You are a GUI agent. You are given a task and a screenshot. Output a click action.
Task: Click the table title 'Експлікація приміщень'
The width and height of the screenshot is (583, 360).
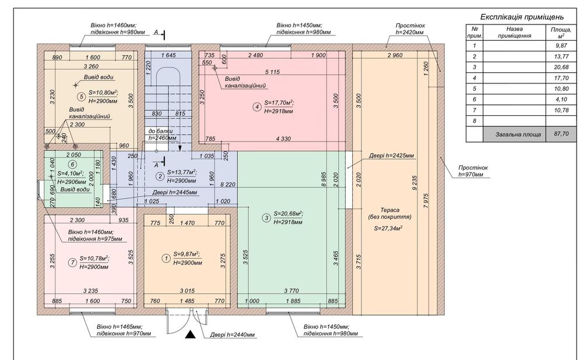(x=521, y=17)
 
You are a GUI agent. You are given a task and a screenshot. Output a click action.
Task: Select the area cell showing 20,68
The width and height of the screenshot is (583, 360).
(x=561, y=67)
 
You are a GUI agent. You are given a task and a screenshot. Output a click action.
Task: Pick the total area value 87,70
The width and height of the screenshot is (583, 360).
(x=561, y=133)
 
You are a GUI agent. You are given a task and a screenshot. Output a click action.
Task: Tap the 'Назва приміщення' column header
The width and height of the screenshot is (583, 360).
(x=514, y=31)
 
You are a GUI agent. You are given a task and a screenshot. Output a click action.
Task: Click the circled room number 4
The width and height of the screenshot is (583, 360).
(x=257, y=106)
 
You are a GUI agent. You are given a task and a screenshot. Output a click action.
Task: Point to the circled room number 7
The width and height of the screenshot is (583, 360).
(x=72, y=262)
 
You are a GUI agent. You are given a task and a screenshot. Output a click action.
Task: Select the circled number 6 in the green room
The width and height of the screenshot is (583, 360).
(x=73, y=165)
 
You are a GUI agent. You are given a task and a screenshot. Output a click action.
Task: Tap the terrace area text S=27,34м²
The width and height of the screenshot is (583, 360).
(x=388, y=228)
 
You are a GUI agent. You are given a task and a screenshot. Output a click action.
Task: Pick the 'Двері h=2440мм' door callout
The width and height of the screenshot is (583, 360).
(x=232, y=335)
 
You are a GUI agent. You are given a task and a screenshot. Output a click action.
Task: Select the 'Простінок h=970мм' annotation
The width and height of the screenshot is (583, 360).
(x=472, y=170)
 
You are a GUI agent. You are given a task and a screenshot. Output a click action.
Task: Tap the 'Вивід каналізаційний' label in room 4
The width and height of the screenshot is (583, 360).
(x=245, y=82)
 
